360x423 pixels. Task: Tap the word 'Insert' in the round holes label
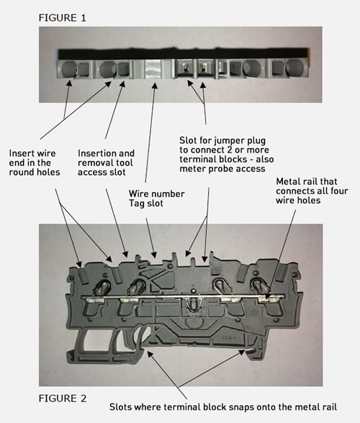[23, 153]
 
